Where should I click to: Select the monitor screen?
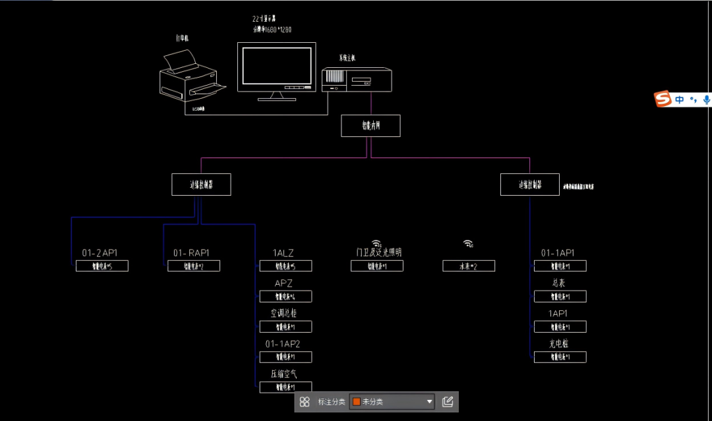276,66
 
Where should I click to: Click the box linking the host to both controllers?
371,126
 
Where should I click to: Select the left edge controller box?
201,184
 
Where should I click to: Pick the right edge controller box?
529,184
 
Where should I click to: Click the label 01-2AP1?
100,253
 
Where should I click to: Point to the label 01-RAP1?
191,253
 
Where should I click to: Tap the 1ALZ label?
283,253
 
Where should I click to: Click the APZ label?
283,283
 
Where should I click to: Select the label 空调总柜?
283,314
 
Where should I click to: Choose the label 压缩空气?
283,374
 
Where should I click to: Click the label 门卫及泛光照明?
378,252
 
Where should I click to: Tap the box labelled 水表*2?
468,266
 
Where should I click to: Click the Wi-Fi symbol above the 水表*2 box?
467,243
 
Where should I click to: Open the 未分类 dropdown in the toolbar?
392,401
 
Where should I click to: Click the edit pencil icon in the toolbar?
448,401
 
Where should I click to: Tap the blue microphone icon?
707,99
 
